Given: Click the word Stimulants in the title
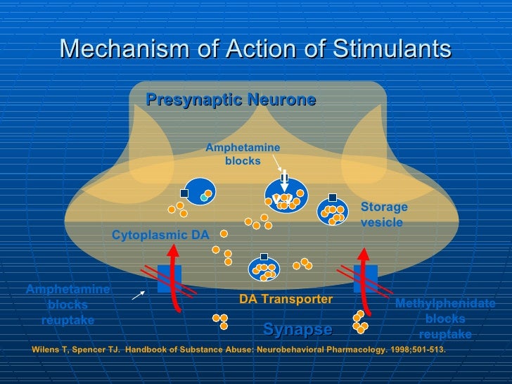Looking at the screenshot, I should (392, 49).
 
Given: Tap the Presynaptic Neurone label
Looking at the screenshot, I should (231, 100).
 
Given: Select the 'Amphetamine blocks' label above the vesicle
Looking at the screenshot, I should (243, 154).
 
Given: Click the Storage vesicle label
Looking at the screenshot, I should (383, 215).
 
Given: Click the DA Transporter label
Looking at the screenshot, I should (286, 299).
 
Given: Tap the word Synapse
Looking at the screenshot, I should (297, 329).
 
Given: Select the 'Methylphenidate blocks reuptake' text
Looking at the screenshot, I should (444, 319).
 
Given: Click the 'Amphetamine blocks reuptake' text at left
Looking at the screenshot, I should (68, 305).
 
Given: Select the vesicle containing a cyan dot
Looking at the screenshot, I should (200, 192).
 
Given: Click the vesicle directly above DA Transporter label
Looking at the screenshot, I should (264, 269).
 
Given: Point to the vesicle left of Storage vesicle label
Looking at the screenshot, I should (333, 210).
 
